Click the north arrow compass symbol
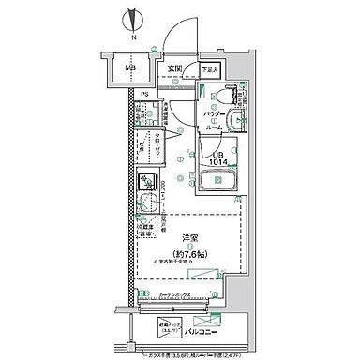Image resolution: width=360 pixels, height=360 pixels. click(134, 20)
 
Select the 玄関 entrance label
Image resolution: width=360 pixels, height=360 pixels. click(175, 67)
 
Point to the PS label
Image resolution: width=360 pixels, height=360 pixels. click(145, 95)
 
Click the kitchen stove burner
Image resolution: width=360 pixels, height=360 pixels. click(146, 183)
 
